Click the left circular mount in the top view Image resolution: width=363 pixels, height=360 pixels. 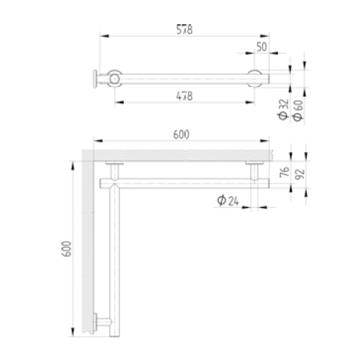click(114, 77)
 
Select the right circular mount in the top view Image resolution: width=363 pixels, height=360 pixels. click(255, 77)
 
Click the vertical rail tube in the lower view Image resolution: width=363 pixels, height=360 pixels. click(113, 256)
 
